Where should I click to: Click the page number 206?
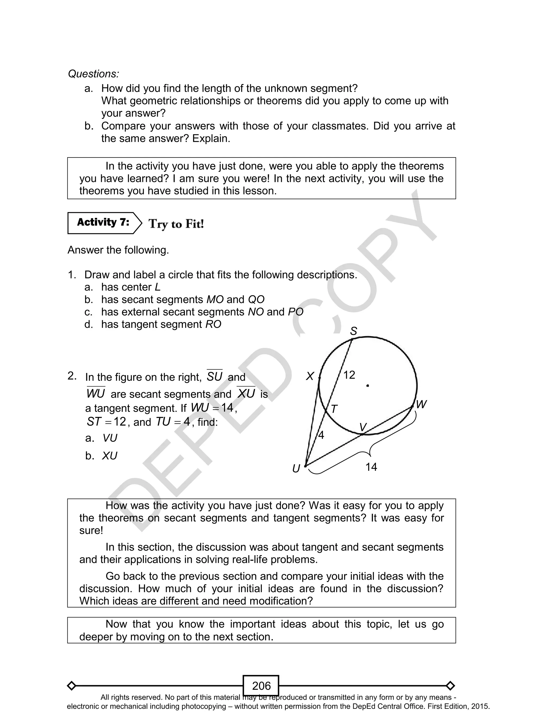click(x=261, y=685)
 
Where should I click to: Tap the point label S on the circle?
click(x=354, y=331)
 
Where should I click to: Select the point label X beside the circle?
click(x=310, y=376)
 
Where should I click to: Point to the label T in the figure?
click(x=334, y=409)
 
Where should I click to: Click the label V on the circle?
click(x=363, y=427)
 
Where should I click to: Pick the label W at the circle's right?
click(x=421, y=404)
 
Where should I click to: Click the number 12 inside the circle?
click(x=349, y=375)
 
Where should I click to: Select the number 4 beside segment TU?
click(x=321, y=435)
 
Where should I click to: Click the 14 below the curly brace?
click(x=371, y=467)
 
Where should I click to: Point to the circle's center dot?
click(x=368, y=385)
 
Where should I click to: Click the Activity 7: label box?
click(x=103, y=223)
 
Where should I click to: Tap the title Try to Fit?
click(x=176, y=224)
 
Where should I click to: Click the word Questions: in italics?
click(x=94, y=74)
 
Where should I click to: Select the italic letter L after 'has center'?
click(x=157, y=287)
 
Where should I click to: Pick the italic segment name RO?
click(x=213, y=324)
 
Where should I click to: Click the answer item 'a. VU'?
click(x=101, y=438)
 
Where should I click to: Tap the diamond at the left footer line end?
click(x=71, y=685)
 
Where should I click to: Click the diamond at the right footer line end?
click(x=450, y=685)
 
